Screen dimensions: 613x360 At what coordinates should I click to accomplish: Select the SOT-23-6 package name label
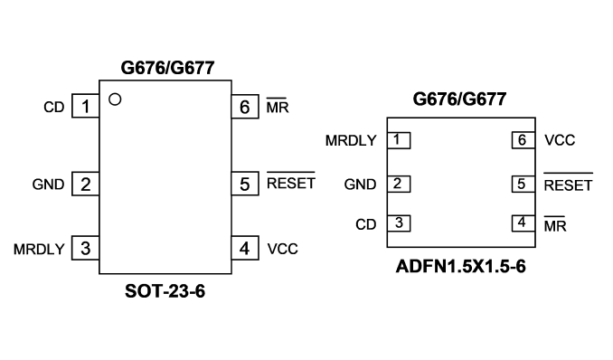165,291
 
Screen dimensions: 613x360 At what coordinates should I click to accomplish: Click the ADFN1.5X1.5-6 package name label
460,267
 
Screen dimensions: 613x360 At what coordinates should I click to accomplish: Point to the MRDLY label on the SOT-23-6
39,250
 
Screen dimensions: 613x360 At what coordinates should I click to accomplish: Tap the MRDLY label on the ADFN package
351,140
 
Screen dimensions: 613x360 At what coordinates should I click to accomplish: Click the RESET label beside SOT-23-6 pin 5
291,181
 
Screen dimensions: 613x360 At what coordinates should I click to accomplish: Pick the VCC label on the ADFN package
560,140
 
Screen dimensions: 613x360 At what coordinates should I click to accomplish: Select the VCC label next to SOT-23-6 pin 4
283,249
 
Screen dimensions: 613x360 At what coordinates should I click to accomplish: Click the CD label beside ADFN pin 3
366,224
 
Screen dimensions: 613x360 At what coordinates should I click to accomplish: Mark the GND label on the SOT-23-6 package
48,185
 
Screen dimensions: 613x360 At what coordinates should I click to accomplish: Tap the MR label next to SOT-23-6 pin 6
278,106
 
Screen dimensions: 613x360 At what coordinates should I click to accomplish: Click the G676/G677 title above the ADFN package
459,99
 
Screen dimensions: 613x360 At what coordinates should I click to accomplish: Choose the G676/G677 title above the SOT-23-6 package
167,68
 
